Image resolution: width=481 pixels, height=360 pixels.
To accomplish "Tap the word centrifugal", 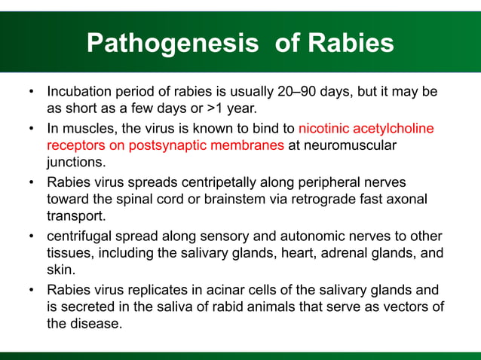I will (81, 235).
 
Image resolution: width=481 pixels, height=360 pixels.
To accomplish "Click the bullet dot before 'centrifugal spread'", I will (31, 235).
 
